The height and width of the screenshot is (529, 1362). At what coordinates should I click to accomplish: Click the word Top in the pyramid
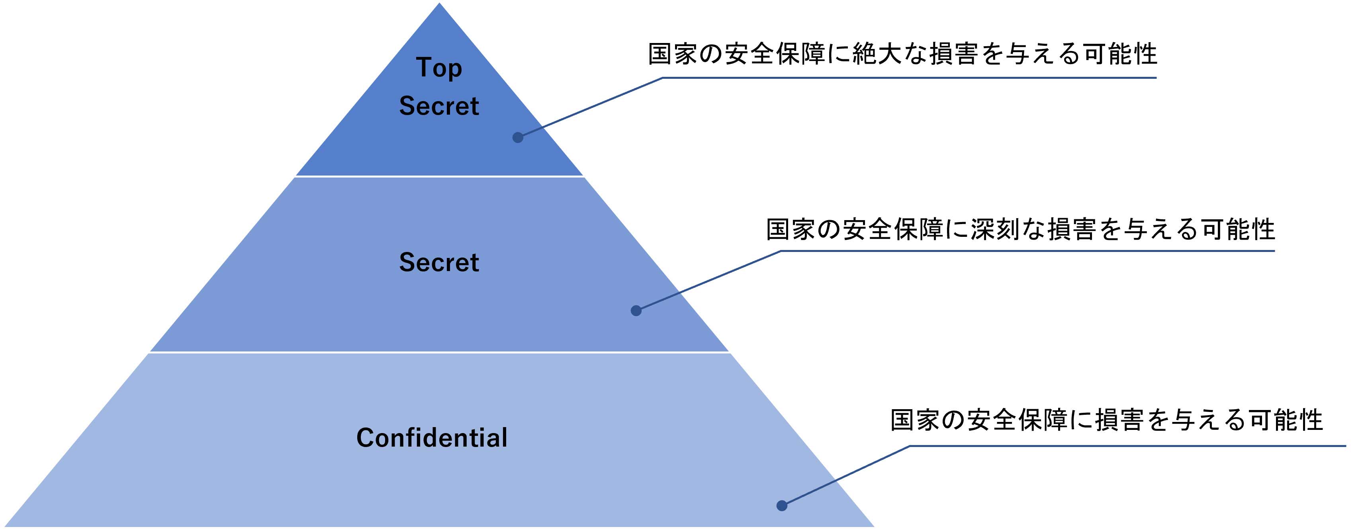(x=439, y=68)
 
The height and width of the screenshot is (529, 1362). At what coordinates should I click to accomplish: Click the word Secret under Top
(x=439, y=106)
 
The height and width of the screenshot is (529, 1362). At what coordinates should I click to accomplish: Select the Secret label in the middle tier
(x=439, y=262)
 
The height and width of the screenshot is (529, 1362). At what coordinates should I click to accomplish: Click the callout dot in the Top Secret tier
(x=518, y=137)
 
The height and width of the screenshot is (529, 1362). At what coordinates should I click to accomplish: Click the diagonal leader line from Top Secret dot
(x=589, y=107)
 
